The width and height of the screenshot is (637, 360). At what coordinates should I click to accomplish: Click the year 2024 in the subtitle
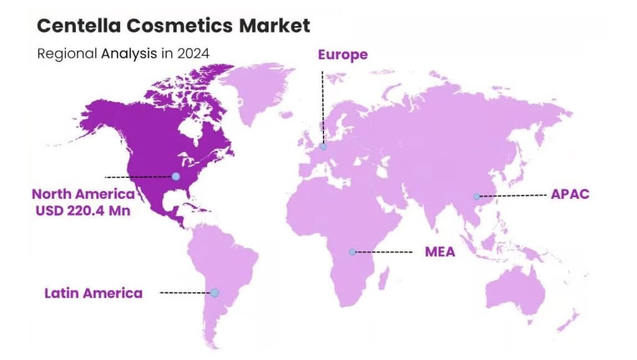[193, 53]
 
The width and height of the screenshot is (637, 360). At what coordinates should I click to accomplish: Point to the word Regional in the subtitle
[65, 53]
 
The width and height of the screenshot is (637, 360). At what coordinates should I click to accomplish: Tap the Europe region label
[343, 55]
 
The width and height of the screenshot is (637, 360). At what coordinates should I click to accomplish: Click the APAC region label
[570, 194]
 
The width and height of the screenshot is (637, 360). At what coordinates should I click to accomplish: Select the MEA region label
[440, 252]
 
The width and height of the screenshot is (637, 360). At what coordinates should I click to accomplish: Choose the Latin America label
[93, 292]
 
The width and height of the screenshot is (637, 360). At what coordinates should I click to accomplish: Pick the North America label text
[83, 193]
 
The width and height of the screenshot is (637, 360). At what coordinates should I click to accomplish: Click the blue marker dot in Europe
[323, 147]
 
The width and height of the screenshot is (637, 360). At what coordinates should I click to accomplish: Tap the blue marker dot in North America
[175, 177]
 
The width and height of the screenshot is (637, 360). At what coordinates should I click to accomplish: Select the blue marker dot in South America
[215, 293]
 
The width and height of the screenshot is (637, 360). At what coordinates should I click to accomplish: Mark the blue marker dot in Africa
[352, 252]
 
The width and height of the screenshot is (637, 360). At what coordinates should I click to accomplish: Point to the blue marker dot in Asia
[477, 196]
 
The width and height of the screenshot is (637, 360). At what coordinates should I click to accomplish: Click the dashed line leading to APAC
[513, 195]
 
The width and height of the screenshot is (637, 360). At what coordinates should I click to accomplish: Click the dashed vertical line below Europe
[322, 106]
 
